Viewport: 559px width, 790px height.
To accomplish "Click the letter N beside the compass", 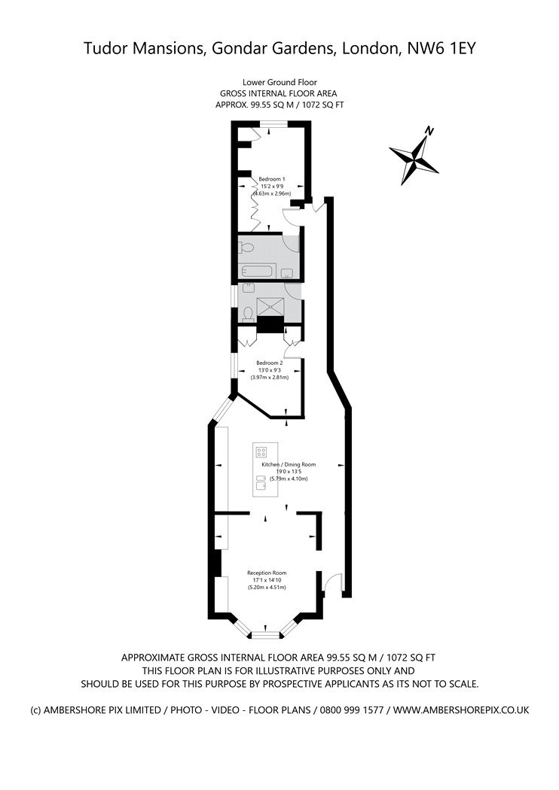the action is tap(429, 132).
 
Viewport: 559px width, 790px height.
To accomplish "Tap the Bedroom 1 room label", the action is tap(272, 179).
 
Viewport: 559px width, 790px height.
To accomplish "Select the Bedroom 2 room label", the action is tap(270, 363).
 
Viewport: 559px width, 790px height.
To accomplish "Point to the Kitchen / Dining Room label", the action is tap(289, 464).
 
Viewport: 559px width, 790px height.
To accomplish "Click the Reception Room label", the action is tap(267, 573).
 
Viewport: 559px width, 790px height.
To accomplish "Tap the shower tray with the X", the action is tap(271, 307).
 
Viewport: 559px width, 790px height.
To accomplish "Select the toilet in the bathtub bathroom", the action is tap(246, 248).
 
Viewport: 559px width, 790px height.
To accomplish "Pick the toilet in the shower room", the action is tap(248, 314).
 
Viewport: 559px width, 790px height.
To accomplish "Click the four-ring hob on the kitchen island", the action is tap(261, 451).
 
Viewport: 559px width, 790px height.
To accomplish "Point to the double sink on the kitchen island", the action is tap(261, 482).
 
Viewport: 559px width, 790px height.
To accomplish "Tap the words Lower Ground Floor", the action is tap(279, 82).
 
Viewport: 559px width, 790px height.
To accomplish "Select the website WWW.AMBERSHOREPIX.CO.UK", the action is tap(461, 710).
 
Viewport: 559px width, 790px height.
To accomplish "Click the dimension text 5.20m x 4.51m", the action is tap(267, 587).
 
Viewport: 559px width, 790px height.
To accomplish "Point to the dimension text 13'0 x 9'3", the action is tap(270, 370).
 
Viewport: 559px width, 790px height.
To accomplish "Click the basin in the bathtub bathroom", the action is tap(287, 273).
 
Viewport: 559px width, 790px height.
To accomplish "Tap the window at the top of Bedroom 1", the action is tap(274, 123).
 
